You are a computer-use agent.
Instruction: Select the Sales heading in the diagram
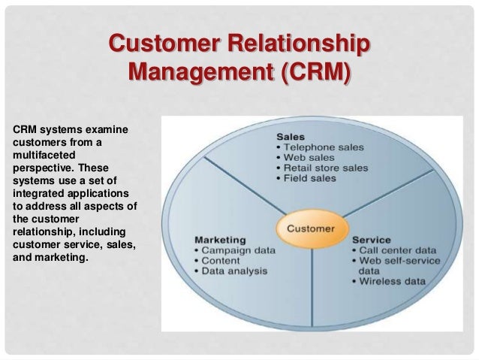[291, 138]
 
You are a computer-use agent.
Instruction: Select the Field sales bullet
[307, 180]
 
